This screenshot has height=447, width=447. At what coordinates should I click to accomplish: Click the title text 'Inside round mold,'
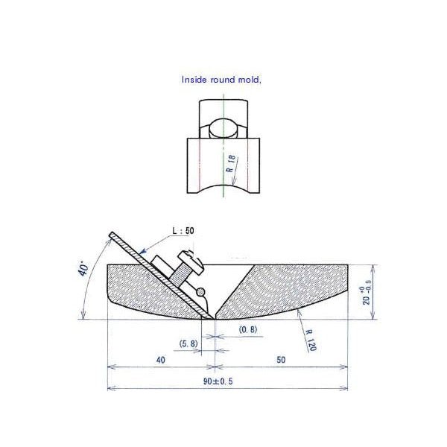point(221,79)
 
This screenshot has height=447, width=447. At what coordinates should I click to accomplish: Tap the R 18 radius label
point(231,163)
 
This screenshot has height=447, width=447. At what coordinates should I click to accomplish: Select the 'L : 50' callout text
point(183,232)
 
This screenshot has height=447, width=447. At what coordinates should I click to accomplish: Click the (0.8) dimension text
point(249,329)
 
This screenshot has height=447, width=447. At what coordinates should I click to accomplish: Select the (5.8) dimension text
point(189,343)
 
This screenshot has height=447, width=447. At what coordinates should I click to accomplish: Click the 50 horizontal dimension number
point(281,359)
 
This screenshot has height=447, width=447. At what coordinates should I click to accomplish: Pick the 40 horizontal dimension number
point(160,359)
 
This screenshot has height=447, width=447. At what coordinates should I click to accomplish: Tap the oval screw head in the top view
point(223,128)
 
